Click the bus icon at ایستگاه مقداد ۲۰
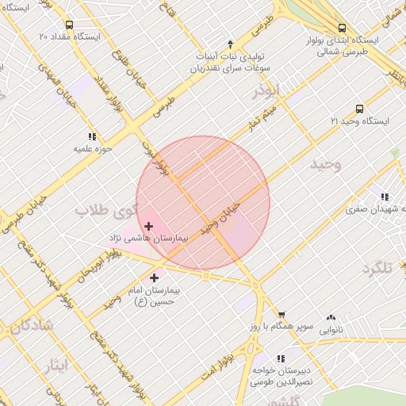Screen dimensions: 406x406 tap(69, 25)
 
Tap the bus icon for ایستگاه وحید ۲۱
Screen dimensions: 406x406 tap(359, 109)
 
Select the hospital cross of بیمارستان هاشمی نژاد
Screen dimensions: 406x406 tap(148, 227)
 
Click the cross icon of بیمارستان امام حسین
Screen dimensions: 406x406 tap(154, 278)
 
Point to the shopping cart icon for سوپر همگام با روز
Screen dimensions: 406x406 tap(282, 315)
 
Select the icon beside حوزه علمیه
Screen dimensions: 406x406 tap(93, 136)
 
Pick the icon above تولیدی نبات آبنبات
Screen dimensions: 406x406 tap(231, 44)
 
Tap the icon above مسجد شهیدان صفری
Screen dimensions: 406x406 tap(385, 197)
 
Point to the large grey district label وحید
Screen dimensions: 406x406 tap(325, 165)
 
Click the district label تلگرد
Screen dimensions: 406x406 tap(377, 268)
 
